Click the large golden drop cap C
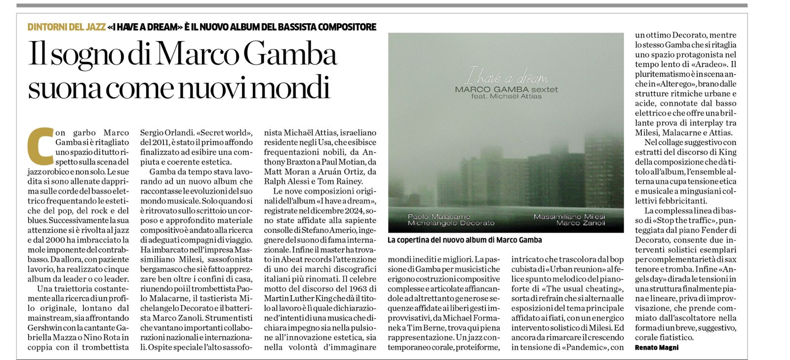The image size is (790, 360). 41,146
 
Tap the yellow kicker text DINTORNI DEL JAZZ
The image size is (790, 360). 67,27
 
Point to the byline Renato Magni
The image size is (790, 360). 657,348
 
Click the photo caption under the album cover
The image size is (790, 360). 465,240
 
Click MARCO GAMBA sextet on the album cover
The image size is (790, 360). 506,89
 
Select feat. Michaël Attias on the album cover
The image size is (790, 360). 506,96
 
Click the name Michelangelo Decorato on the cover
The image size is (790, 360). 451,223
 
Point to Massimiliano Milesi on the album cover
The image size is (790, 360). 569,217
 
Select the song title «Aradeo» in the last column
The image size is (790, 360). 710,65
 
